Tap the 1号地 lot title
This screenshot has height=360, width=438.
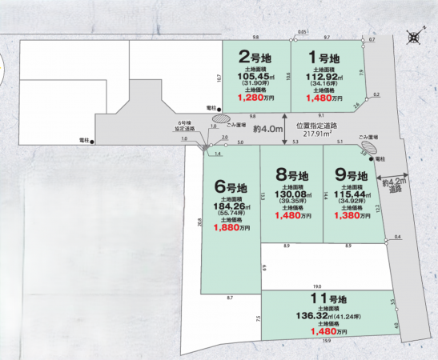pos(325,58)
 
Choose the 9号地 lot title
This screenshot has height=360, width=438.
pos(352,175)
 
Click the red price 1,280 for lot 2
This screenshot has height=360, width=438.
pos(253,98)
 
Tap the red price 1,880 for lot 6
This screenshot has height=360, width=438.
pos(227,227)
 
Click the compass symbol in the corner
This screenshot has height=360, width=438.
pos(414,36)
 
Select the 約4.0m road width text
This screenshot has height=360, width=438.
pos(267,128)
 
